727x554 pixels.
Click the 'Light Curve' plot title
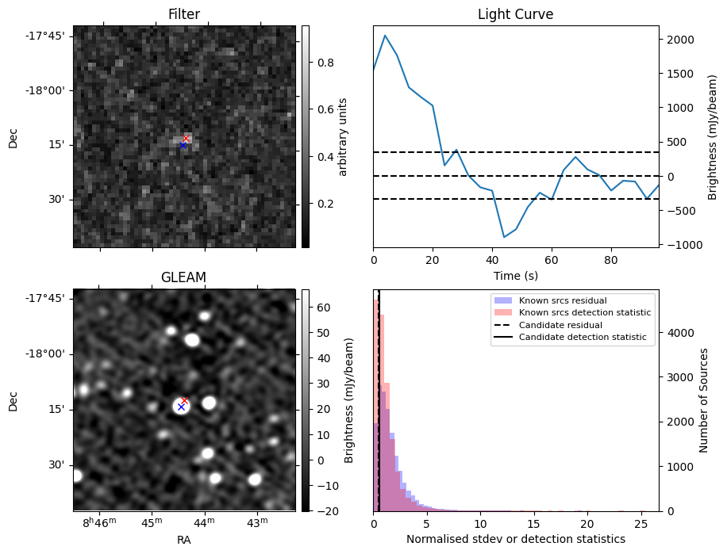click(x=515, y=14)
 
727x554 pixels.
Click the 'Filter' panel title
click(x=184, y=14)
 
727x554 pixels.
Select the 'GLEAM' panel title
click(x=183, y=277)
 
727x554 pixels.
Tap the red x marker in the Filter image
click(x=187, y=139)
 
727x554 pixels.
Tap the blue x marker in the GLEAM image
click(x=181, y=407)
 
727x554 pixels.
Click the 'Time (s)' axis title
click(x=515, y=274)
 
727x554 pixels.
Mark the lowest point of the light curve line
click(x=504, y=237)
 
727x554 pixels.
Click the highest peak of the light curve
click(x=385, y=36)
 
